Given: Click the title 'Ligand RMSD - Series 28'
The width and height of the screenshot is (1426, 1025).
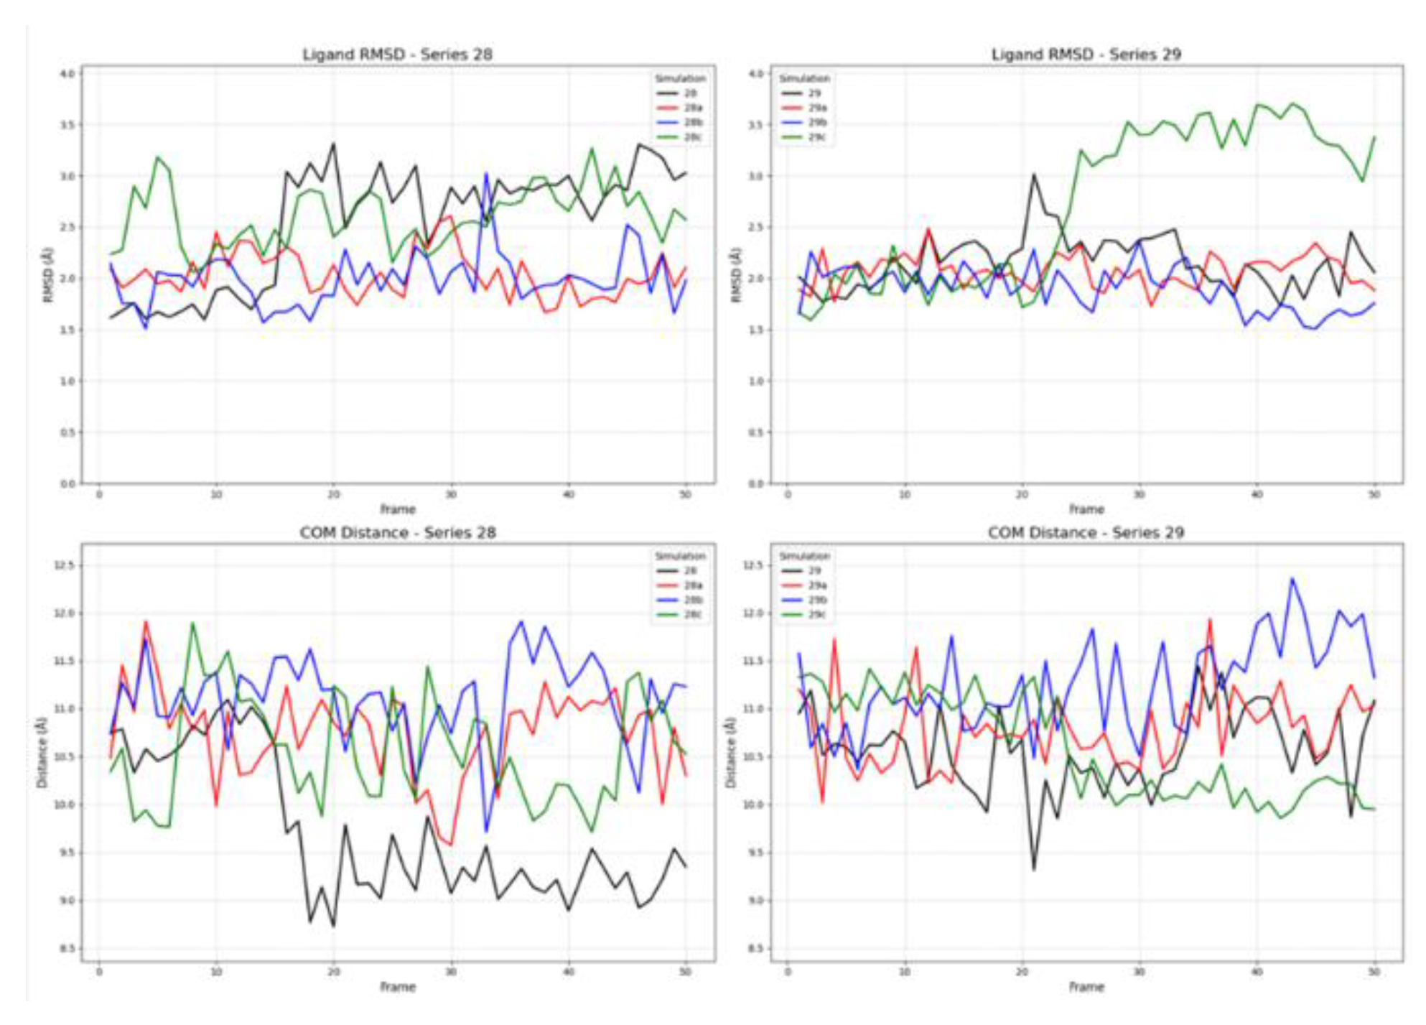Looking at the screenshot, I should [397, 55].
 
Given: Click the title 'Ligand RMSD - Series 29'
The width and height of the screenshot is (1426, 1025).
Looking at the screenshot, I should [1086, 55].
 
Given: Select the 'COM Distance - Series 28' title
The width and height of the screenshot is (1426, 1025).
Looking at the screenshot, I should [397, 533].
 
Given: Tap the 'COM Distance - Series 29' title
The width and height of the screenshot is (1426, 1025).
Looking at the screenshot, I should [1086, 533].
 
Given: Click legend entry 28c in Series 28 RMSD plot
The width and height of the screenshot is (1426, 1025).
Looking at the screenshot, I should [691, 137].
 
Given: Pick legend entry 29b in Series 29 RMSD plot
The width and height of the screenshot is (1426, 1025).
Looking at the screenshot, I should [816, 123].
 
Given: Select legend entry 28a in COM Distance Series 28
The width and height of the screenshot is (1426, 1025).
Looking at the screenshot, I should [692, 585].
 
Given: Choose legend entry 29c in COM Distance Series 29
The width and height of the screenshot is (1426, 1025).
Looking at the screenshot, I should [816, 615].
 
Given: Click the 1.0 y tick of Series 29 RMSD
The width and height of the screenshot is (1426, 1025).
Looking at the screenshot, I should [755, 381].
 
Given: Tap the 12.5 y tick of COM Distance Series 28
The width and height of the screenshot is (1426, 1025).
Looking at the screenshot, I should [64, 566].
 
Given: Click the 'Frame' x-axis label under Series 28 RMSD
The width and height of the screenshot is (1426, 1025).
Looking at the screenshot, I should [398, 509].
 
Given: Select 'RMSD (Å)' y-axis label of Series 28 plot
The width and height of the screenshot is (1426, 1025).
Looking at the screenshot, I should [47, 274].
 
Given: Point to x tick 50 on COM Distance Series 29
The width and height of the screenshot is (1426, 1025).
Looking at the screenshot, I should [1374, 972].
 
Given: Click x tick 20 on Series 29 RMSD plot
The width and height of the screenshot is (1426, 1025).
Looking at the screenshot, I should [1022, 495].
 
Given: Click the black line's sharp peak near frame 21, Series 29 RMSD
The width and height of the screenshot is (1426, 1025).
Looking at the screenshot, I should [1034, 175].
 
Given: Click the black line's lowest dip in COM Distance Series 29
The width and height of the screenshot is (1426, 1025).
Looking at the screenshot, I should [1034, 869].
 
